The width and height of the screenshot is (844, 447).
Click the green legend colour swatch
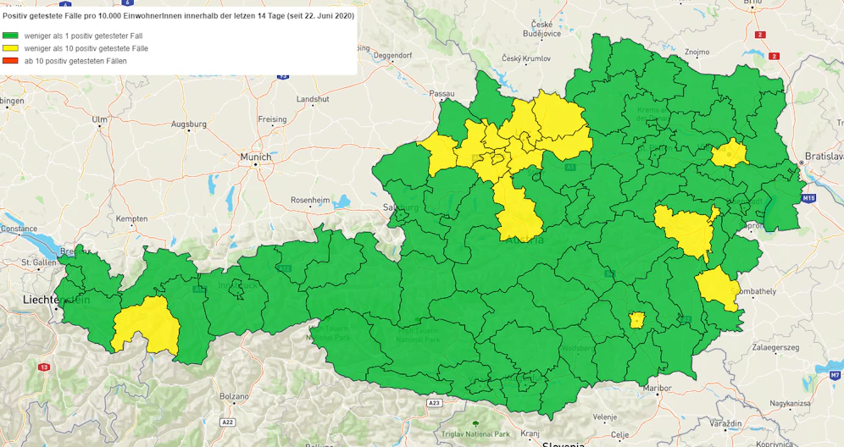pyautogui.click(x=11, y=36)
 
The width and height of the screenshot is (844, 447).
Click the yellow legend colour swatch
pyautogui.click(x=11, y=49)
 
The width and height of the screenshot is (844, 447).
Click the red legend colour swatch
pyautogui.click(x=11, y=62)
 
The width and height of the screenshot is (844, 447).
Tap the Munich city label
pyautogui.click(x=255, y=157)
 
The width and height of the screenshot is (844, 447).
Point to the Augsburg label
pyautogui.click(x=188, y=124)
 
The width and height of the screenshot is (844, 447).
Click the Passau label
pyautogui.click(x=442, y=93)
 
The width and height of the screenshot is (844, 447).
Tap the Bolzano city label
pyautogui.click(x=234, y=395)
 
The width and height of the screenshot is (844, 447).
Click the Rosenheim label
pyautogui.click(x=308, y=200)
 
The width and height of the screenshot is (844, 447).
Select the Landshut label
pyautogui.click(x=312, y=99)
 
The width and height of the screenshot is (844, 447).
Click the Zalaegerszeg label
pyautogui.click(x=775, y=347)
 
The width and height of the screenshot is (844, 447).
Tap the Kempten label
pyautogui.click(x=131, y=218)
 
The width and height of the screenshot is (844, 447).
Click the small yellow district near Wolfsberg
pyautogui.click(x=636, y=320)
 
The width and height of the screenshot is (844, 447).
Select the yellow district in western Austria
pyautogui.click(x=146, y=325)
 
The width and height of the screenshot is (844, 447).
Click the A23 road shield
pyautogui.click(x=434, y=403)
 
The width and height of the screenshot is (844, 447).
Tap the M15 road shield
pyautogui.click(x=808, y=198)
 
